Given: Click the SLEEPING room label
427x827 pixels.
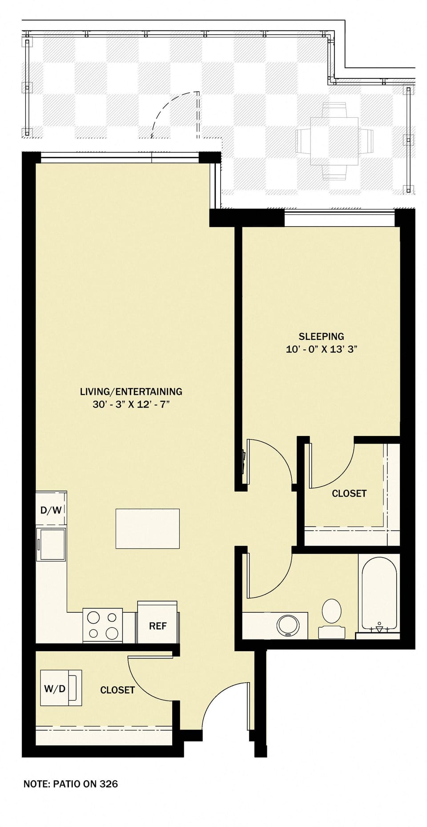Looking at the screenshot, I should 321,336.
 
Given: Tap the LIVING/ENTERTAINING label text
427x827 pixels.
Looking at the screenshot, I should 131,391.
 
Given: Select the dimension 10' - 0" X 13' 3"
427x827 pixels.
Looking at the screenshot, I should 321,349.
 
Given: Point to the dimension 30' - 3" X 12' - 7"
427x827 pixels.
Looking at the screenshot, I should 131,404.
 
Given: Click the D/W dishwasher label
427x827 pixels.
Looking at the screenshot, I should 51,510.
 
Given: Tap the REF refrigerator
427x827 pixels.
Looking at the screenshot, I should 157,625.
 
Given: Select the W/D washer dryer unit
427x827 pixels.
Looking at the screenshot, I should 60,688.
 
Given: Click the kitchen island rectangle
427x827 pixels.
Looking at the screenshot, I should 147,528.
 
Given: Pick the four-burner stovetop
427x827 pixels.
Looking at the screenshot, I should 103,625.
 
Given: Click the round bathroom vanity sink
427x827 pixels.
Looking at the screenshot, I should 288,625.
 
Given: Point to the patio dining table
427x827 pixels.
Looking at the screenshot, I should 334,141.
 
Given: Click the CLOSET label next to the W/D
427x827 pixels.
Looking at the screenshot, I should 117,690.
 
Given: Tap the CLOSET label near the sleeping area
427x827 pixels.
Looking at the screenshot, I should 349,493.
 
